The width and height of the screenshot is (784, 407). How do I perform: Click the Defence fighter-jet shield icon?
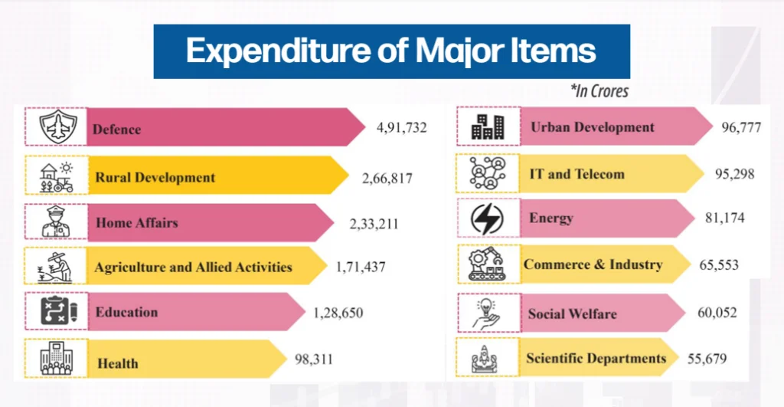[x=58, y=126]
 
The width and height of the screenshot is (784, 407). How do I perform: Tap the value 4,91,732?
[x=401, y=128]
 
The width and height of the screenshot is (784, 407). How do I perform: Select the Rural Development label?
[x=155, y=177]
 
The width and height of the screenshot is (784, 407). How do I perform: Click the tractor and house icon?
[x=57, y=177]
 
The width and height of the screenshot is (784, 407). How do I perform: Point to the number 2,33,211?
[x=374, y=224]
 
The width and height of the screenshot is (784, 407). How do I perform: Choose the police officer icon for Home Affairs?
[x=56, y=222]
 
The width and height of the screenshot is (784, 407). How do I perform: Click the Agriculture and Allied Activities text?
[x=193, y=267]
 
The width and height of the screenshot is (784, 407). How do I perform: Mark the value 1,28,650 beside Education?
[x=338, y=313]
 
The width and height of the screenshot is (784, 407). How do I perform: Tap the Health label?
[x=117, y=363]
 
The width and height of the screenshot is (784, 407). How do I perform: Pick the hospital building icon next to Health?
[x=57, y=359]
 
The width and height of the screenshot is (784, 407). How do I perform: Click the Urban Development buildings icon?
[x=488, y=126]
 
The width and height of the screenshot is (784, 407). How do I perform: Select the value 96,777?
[x=741, y=128]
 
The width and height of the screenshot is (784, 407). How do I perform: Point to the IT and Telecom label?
[x=577, y=174]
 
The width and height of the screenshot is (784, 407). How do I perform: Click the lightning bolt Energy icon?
[x=487, y=219]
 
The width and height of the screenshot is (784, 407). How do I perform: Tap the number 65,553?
[x=718, y=265]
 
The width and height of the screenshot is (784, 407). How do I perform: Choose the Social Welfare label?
[x=572, y=314]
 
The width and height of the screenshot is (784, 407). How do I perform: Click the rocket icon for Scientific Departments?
[x=485, y=359]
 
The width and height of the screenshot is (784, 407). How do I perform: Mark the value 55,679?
[x=707, y=359]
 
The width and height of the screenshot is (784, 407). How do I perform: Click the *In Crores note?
[x=599, y=90]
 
